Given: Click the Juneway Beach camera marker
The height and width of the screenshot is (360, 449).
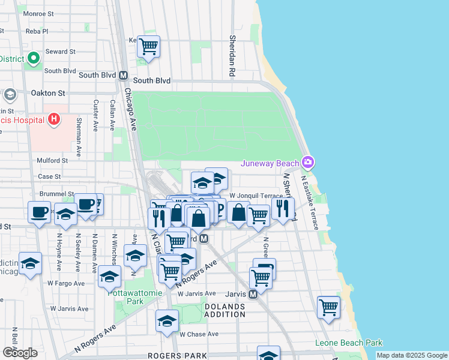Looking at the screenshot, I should (308, 162).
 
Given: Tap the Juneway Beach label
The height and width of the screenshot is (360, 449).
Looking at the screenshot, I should (271, 163).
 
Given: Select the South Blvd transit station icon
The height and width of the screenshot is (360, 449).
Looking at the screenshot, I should (124, 76).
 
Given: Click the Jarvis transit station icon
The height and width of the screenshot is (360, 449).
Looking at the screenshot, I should (253, 294).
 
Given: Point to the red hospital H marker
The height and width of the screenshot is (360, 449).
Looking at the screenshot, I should (54, 119).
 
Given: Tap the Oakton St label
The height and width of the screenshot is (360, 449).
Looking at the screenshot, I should (48, 93).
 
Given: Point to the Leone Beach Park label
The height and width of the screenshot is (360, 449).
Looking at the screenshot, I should (349, 343).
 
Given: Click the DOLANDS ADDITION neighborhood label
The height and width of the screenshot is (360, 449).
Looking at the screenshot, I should (225, 310).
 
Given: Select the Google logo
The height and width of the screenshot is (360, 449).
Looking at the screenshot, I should (20, 353).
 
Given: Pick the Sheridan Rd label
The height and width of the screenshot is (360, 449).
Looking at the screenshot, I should (232, 56).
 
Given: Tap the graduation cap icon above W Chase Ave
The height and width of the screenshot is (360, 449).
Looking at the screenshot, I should (167, 320).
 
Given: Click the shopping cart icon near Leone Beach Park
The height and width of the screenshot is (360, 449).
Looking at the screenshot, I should (328, 307).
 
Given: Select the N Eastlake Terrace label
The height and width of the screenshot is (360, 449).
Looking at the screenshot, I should (310, 201).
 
